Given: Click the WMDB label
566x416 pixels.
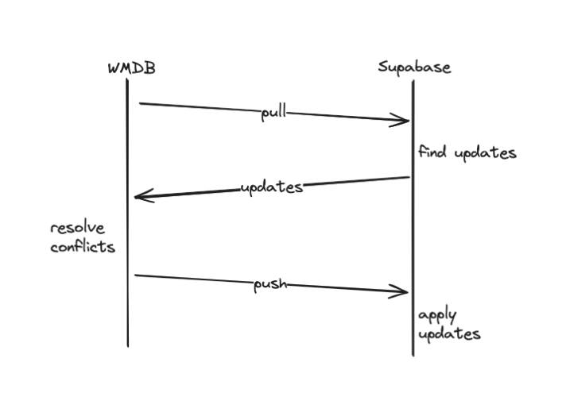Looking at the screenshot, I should click(131, 67).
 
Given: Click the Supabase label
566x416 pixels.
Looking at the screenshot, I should click(414, 67).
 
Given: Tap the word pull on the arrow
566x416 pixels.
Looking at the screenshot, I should click(273, 113).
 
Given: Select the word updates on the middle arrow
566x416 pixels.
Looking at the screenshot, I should click(271, 188).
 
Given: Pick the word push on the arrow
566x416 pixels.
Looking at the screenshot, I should click(269, 285).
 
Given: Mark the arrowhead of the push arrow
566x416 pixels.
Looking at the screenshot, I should click(405, 293).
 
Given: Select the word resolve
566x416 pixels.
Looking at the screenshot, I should click(77, 229).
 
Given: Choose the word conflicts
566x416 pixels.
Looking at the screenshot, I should click(83, 247).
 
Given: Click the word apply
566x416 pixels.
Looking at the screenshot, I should click(437, 317).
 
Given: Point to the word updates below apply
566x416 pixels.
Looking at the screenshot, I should click(449, 335).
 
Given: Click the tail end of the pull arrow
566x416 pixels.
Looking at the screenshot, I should click(141, 102).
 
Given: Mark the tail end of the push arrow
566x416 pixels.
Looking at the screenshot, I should click(136, 275).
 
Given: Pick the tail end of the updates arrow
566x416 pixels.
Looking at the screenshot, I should click(408, 178).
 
